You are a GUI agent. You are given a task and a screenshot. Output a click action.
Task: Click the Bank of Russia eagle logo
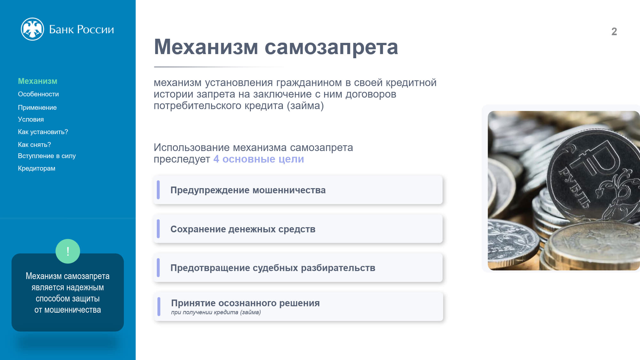(x=32, y=29)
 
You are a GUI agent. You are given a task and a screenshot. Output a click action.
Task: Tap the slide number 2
(x=614, y=31)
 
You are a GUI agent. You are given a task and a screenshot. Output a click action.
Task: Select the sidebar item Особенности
(x=38, y=94)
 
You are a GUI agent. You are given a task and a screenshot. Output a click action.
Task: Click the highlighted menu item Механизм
(x=37, y=81)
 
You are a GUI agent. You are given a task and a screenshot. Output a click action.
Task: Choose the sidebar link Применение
(x=37, y=108)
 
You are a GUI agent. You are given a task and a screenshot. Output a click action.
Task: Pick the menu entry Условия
(x=31, y=119)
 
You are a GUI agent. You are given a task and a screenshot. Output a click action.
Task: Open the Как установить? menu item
(x=43, y=132)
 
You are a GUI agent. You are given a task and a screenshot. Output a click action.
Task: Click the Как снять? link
(x=34, y=145)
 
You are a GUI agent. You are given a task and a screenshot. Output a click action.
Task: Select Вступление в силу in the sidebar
(x=47, y=156)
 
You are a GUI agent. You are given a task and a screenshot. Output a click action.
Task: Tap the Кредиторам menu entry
(x=36, y=168)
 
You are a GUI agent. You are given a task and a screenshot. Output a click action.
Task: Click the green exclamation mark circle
(x=68, y=251)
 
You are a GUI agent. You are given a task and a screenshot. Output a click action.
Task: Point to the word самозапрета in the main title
(x=331, y=47)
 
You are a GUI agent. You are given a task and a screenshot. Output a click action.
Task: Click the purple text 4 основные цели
(x=259, y=159)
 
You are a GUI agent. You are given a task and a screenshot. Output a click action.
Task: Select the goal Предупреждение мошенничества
(x=248, y=190)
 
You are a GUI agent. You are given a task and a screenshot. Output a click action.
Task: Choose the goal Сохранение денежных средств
(x=243, y=229)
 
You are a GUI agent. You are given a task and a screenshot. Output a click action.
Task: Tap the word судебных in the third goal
(x=275, y=268)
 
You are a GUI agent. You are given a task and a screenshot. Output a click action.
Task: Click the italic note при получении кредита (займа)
(x=216, y=312)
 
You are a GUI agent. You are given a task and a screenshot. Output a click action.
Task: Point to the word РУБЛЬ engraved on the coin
(x=574, y=188)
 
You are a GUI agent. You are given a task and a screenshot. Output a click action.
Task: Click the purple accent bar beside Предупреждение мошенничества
(x=158, y=190)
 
